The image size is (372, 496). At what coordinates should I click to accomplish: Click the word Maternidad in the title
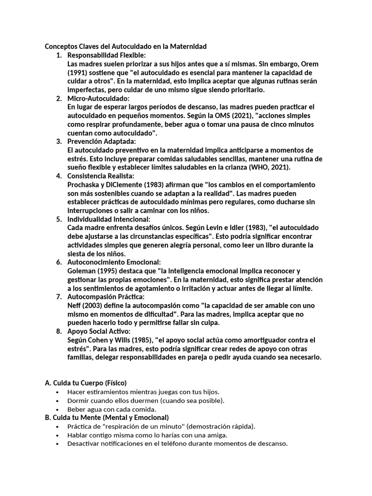tap(186, 46)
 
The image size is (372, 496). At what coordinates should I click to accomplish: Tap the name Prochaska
tap(85, 185)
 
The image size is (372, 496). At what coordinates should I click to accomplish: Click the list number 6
tap(59, 262)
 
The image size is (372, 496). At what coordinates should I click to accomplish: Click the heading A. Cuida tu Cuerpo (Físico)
tap(86, 383)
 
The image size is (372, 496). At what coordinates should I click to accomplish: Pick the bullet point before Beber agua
tap(58, 409)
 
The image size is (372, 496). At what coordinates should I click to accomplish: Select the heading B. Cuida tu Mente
tap(107, 417)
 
